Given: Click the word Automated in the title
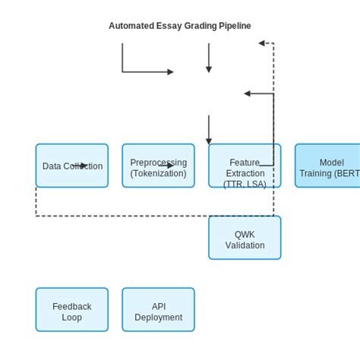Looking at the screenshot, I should point(133,26).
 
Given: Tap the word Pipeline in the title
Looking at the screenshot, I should point(231,26).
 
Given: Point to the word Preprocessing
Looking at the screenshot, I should point(158,163).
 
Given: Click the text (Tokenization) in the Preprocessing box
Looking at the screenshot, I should point(158,173).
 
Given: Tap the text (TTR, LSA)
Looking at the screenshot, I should point(245,184).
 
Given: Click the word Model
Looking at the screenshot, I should point(331,163).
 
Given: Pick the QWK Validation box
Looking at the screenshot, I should point(245,238).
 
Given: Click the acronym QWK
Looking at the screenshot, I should point(245,235).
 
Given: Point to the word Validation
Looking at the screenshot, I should point(245,245).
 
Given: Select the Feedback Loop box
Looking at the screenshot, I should point(72,310).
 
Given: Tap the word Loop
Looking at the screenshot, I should point(72,317).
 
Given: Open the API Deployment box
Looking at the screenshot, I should point(158,310).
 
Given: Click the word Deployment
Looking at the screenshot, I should point(158,317).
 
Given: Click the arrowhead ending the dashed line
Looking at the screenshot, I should point(261,43).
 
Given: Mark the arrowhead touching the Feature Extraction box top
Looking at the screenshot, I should point(209,141).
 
